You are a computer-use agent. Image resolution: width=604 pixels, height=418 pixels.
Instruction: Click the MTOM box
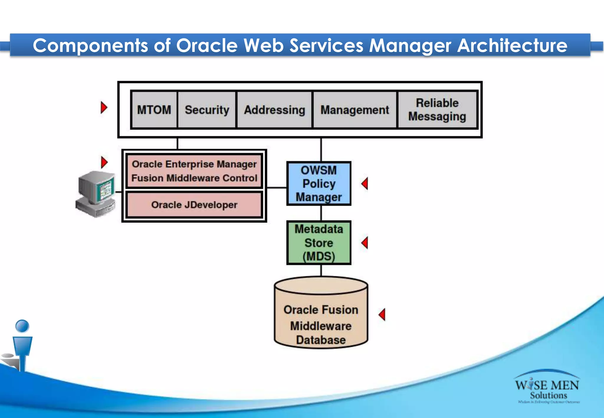pyautogui.click(x=154, y=110)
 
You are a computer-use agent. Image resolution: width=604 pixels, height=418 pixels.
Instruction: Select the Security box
pyautogui.click(x=207, y=110)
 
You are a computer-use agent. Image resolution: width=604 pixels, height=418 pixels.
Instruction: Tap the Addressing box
pyautogui.click(x=274, y=110)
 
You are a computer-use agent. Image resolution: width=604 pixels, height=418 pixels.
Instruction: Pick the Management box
pyautogui.click(x=354, y=110)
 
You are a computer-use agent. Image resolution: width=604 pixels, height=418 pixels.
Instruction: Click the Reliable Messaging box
pyautogui.click(x=437, y=110)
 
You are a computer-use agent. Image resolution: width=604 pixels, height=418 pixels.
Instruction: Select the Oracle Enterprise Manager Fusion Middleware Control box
pyautogui.click(x=194, y=171)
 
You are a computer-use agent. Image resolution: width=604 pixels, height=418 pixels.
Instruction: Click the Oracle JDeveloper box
pyautogui.click(x=194, y=205)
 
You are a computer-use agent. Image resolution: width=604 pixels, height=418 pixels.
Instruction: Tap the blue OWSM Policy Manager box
pyautogui.click(x=319, y=183)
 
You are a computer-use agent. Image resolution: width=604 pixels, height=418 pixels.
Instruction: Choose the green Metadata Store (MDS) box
pyautogui.click(x=319, y=243)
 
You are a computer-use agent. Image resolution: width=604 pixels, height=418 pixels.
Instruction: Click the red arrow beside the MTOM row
pyautogui.click(x=104, y=108)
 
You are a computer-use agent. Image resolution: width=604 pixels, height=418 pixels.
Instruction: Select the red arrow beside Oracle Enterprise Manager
pyautogui.click(x=104, y=162)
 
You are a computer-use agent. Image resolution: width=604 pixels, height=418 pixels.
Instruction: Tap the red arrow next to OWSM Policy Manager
pyautogui.click(x=365, y=184)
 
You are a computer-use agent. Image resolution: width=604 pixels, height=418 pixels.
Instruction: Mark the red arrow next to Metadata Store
pyautogui.click(x=365, y=243)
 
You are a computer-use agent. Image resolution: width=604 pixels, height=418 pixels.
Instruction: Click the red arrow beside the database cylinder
pyautogui.click(x=382, y=315)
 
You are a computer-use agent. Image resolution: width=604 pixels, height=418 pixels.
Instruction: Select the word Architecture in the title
pyautogui.click(x=512, y=46)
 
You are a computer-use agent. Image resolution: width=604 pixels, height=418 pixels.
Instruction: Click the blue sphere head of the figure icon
pyautogui.click(x=22, y=326)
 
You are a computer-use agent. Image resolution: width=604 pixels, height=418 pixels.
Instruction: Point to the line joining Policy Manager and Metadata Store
pyautogui.click(x=321, y=213)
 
